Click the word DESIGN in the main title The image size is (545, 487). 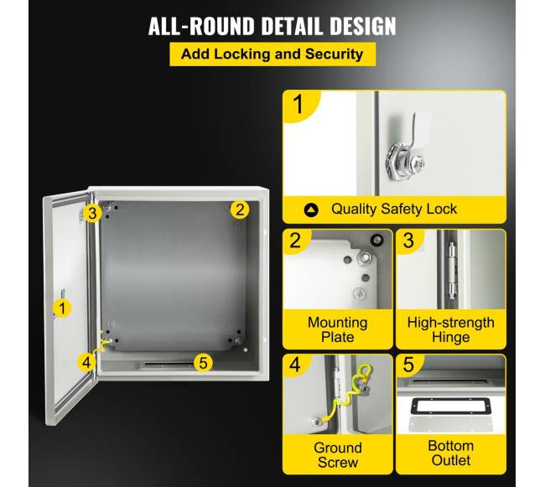point(362,26)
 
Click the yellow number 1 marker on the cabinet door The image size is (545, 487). point(62,308)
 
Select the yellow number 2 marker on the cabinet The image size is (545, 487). point(240,210)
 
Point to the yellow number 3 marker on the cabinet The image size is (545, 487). point(92,213)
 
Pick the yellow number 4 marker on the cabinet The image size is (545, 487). point(86,362)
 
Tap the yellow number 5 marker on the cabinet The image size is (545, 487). point(203,363)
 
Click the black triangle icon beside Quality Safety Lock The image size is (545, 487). point(311,210)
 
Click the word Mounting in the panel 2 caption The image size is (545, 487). point(338,323)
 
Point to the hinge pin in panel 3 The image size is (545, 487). point(451,271)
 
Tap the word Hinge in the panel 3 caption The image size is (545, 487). point(451,337)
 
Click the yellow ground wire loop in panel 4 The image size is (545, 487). point(365,372)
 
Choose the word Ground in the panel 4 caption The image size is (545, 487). point(338,448)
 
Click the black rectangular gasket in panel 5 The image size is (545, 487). point(451,407)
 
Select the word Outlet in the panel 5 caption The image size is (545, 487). point(451,460)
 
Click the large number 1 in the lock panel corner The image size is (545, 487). point(298,104)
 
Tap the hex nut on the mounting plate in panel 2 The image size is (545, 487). point(365,257)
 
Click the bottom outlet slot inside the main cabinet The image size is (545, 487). point(166,365)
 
